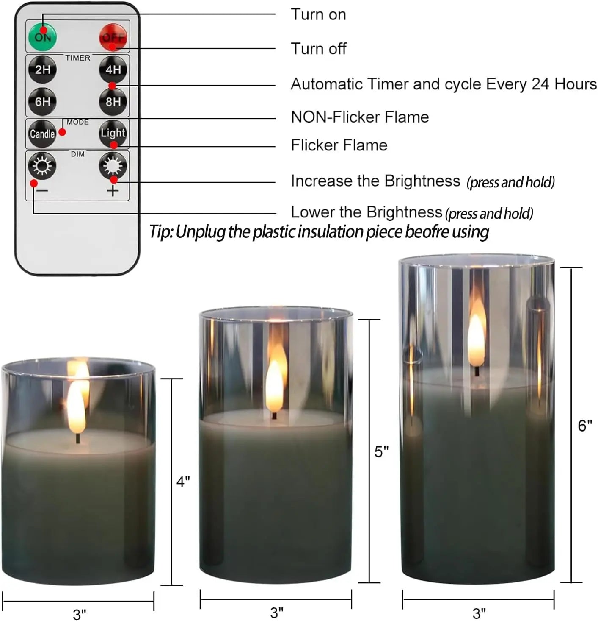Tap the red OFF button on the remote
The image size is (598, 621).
(113, 37)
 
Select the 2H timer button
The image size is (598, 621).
(42, 69)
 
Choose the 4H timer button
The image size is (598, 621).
(113, 69)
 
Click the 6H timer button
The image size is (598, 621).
(42, 102)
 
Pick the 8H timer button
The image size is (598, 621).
(113, 102)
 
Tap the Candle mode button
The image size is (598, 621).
(42, 134)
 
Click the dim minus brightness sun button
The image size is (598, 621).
(42, 166)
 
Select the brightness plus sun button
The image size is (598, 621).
(113, 166)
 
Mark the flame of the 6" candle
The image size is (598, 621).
(477, 339)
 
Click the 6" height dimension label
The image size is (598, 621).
(585, 425)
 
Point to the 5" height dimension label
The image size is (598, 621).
(381, 452)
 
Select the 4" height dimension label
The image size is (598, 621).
(183, 482)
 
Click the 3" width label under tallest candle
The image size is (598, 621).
(479, 613)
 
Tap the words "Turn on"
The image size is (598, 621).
(318, 15)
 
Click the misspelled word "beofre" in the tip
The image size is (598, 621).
(427, 232)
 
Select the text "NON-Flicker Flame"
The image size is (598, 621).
(360, 117)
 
